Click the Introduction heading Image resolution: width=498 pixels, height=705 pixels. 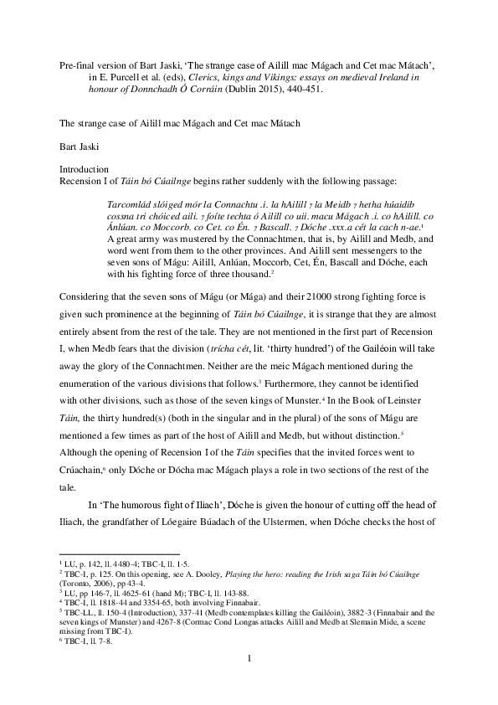click(x=84, y=168)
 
